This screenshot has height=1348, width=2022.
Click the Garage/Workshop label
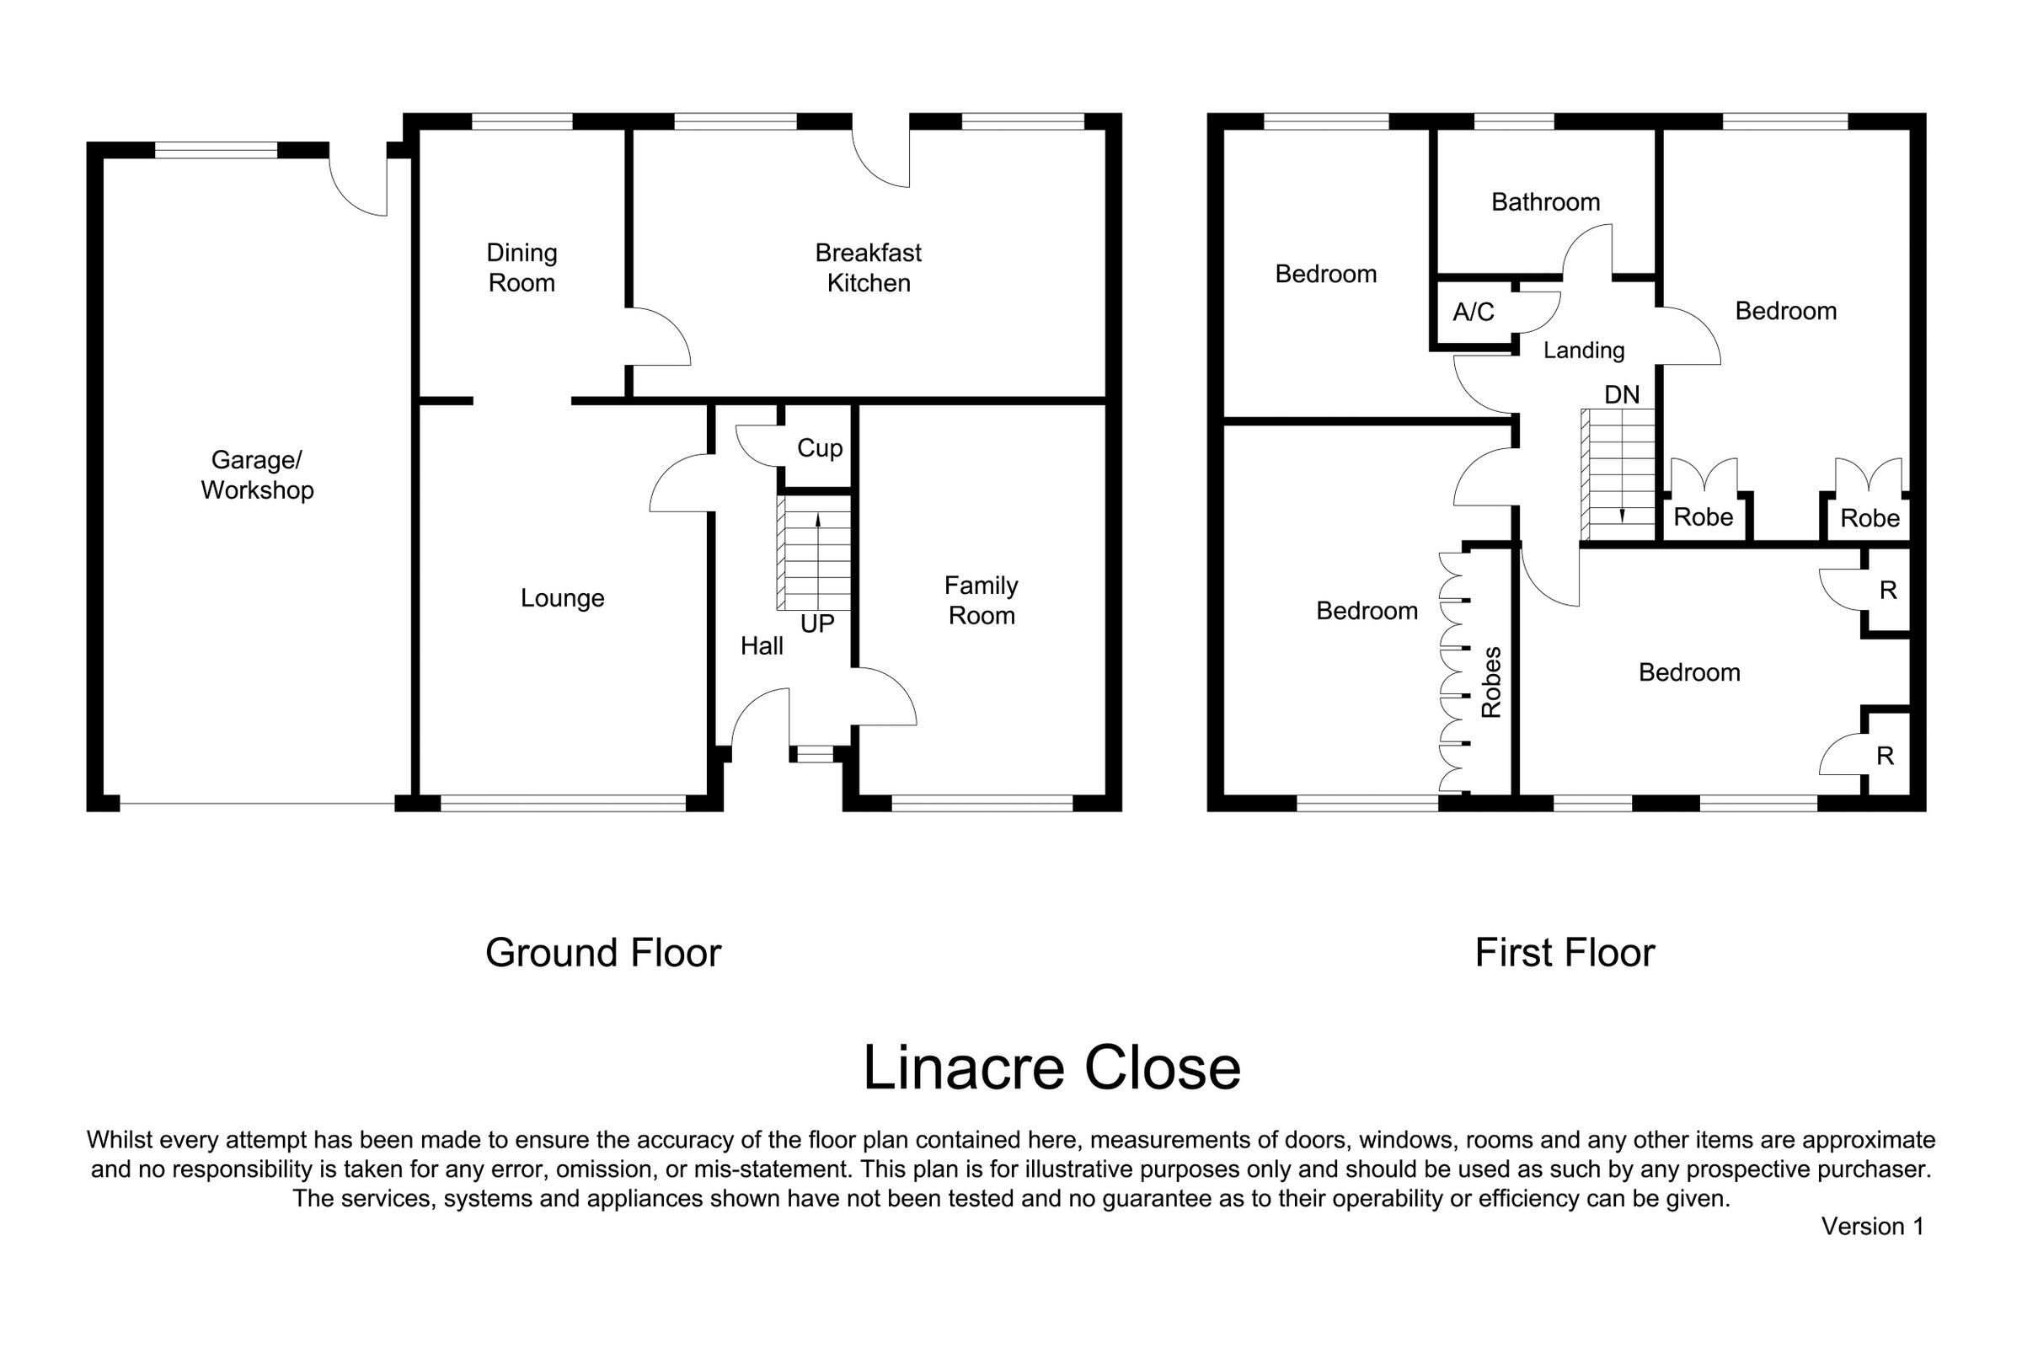point(257,474)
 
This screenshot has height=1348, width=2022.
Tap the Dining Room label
point(522,267)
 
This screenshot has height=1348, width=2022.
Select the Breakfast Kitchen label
point(869,267)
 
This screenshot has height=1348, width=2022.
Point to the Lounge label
point(562,597)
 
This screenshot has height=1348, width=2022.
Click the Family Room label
point(981,600)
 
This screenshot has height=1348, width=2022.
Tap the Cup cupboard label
point(819,448)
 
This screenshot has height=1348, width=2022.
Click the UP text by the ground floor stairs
point(816,623)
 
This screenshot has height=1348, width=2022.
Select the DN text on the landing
point(1621,394)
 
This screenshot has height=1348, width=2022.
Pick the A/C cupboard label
point(1473,311)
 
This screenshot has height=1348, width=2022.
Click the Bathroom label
point(1545,202)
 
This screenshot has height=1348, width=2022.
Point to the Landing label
point(1584,350)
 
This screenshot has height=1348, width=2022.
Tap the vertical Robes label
point(1490,682)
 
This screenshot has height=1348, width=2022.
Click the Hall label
point(762,645)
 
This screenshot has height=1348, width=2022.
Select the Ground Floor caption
point(602,953)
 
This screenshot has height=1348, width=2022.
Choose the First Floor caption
point(1565,953)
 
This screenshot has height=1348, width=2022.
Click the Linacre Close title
point(1051,1067)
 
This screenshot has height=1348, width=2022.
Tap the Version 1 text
point(1872,1226)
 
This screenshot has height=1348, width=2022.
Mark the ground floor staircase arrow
point(817,561)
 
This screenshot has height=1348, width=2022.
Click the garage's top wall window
point(217,151)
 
